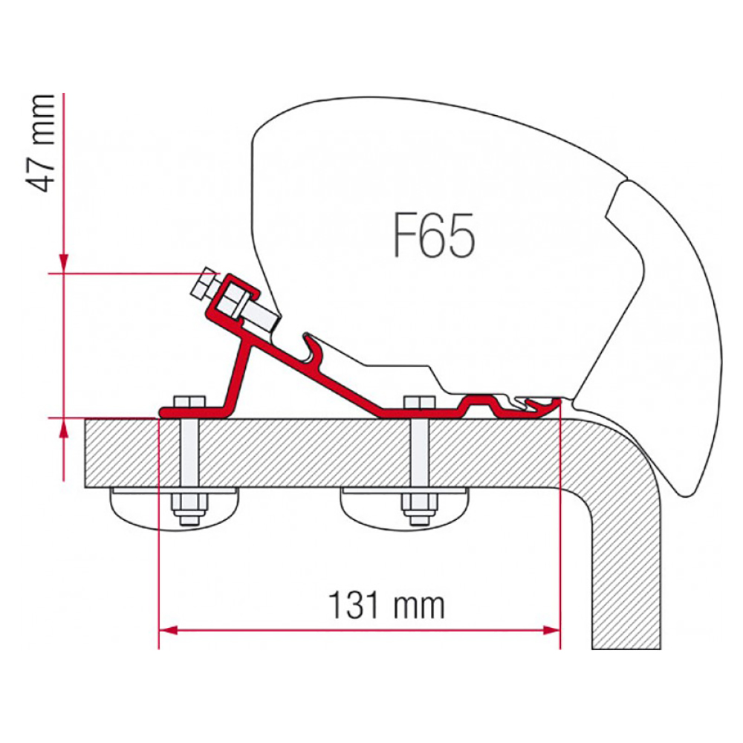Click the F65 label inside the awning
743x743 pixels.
(x=434, y=236)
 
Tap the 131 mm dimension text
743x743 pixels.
(x=386, y=605)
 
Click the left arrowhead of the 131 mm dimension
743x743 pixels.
(x=168, y=630)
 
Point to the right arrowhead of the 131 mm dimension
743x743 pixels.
(x=551, y=630)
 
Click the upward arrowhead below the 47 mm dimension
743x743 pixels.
(x=63, y=428)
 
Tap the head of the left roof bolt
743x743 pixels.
(x=189, y=401)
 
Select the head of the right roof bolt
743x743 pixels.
(x=419, y=401)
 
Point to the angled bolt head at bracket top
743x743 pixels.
(x=204, y=284)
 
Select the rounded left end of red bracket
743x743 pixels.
(x=164, y=412)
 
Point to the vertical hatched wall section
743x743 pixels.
(x=626, y=568)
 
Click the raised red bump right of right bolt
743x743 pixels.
(x=478, y=403)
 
